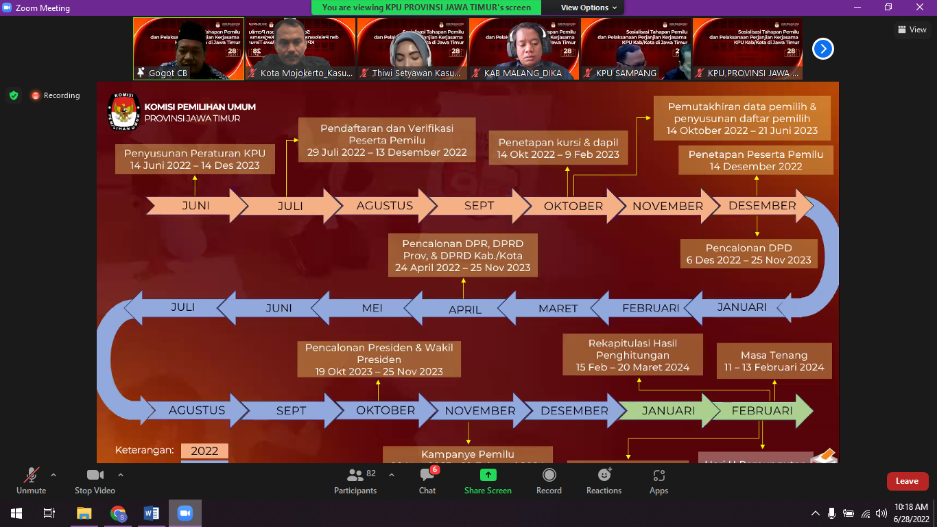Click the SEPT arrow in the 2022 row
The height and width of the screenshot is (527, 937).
pyautogui.click(x=479, y=205)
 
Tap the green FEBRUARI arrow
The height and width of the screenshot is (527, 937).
pyautogui.click(x=762, y=410)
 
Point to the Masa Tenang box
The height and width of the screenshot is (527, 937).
pyautogui.click(x=774, y=361)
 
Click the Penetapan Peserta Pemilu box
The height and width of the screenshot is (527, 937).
pyautogui.click(x=756, y=160)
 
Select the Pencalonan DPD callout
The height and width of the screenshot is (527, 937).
pyautogui.click(x=748, y=254)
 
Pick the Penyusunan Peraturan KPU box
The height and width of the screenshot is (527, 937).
pyautogui.click(x=194, y=159)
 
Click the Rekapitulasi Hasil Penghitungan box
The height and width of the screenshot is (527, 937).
pyautogui.click(x=632, y=355)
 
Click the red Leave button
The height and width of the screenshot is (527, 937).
pyautogui.click(x=907, y=481)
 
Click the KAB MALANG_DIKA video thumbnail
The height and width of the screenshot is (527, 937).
pyautogui.click(x=523, y=48)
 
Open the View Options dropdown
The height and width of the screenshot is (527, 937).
pyautogui.click(x=589, y=8)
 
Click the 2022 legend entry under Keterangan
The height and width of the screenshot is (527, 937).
pyautogui.click(x=204, y=451)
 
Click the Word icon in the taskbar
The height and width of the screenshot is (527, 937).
pyautogui.click(x=152, y=513)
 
